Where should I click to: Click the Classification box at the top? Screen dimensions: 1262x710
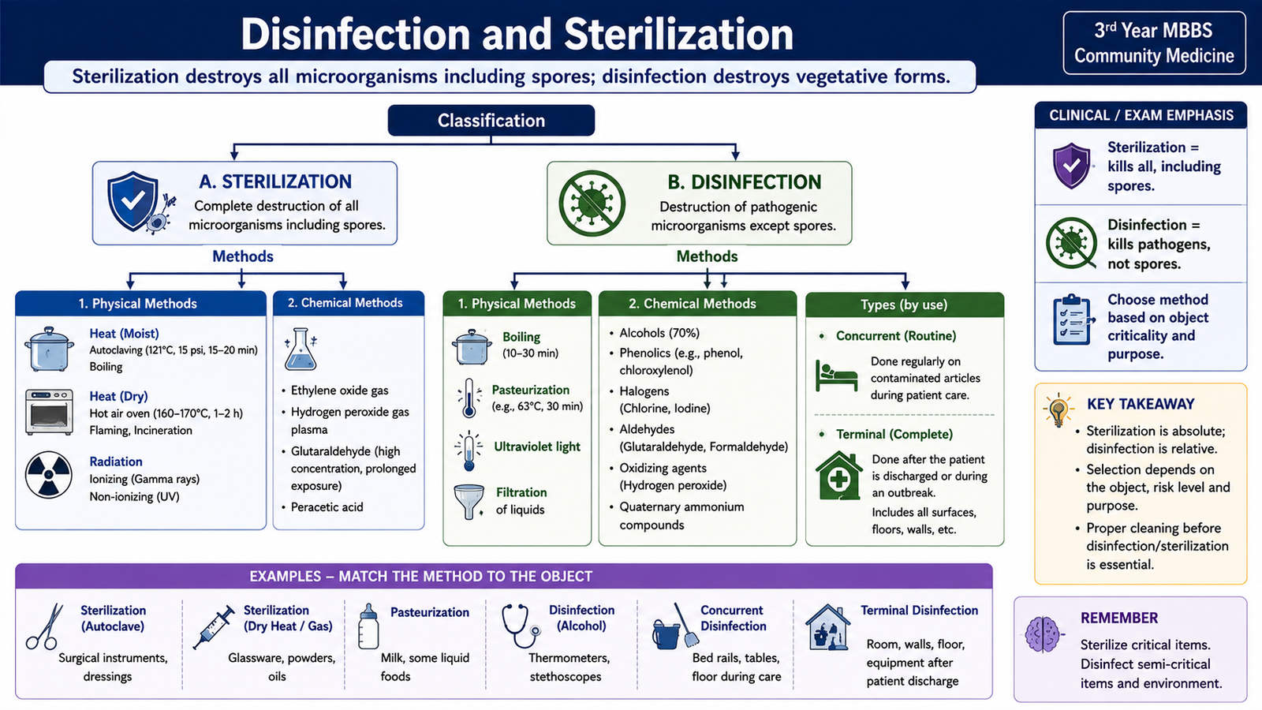pos(491,120)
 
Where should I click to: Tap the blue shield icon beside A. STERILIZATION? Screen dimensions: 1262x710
pos(133,201)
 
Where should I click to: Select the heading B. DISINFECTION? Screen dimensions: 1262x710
pos(745,182)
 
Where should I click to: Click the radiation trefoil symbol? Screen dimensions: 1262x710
pos(48,474)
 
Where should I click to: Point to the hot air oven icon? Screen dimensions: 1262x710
pos(49,412)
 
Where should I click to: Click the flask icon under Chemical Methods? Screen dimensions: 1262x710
pos(301,349)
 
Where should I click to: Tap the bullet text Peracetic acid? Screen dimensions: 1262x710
pos(327,507)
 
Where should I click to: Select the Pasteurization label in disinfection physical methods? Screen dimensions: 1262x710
pos(530,390)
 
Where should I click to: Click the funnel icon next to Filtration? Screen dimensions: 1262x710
pos(469,501)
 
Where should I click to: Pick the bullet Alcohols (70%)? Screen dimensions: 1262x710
pos(659,333)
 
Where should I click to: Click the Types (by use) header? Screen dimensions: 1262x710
pos(904,305)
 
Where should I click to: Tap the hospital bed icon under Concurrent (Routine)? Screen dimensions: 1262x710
pos(836,376)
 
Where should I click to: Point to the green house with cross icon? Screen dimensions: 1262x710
pos(839,476)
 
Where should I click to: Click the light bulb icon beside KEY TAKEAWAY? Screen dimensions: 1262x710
pos(1058,409)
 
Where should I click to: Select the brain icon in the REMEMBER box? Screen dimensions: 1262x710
pos(1043,634)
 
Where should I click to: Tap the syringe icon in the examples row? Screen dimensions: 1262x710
pos(214,626)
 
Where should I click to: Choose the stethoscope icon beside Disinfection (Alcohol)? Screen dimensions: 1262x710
pos(521,626)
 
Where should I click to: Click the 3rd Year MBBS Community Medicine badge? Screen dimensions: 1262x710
pos(1154,43)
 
